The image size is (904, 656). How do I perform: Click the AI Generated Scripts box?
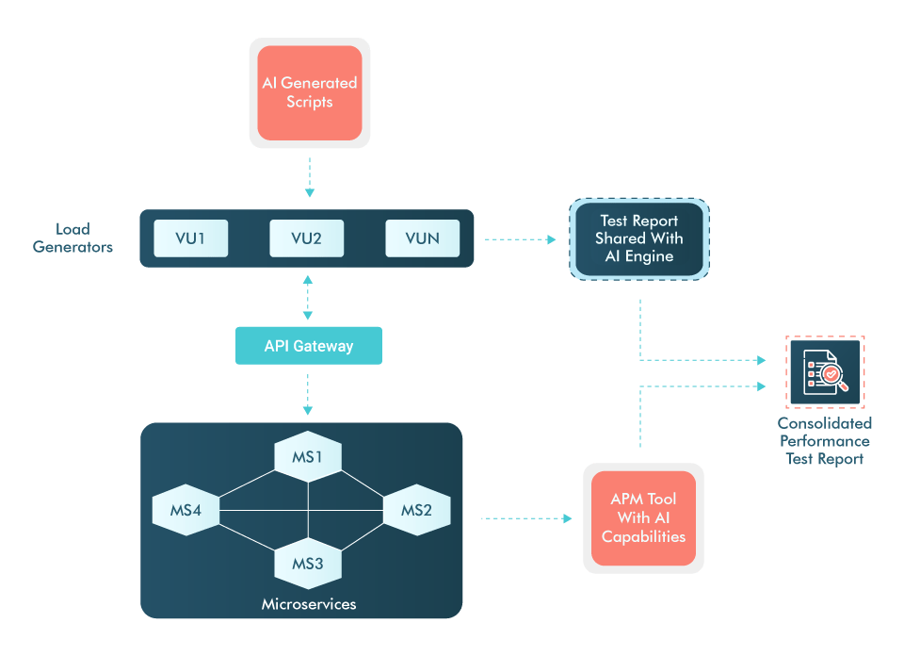[309, 92]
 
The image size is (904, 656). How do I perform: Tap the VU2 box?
[306, 238]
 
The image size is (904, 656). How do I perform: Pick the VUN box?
[422, 238]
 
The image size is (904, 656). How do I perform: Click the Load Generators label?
[73, 238]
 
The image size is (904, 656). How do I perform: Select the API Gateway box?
[308, 346]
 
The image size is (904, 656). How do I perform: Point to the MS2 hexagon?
[416, 510]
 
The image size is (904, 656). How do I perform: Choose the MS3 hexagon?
[308, 564]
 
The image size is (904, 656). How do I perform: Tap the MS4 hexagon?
[186, 510]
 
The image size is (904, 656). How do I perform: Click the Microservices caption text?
[308, 603]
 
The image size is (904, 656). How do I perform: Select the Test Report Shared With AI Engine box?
[639, 239]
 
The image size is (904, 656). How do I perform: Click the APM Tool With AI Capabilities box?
[643, 517]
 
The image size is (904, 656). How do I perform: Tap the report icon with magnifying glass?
[825, 372]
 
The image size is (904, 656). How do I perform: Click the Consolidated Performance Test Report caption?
[825, 441]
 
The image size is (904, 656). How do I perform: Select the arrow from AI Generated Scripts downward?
[308, 177]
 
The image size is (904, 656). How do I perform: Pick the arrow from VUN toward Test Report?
[521, 239]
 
